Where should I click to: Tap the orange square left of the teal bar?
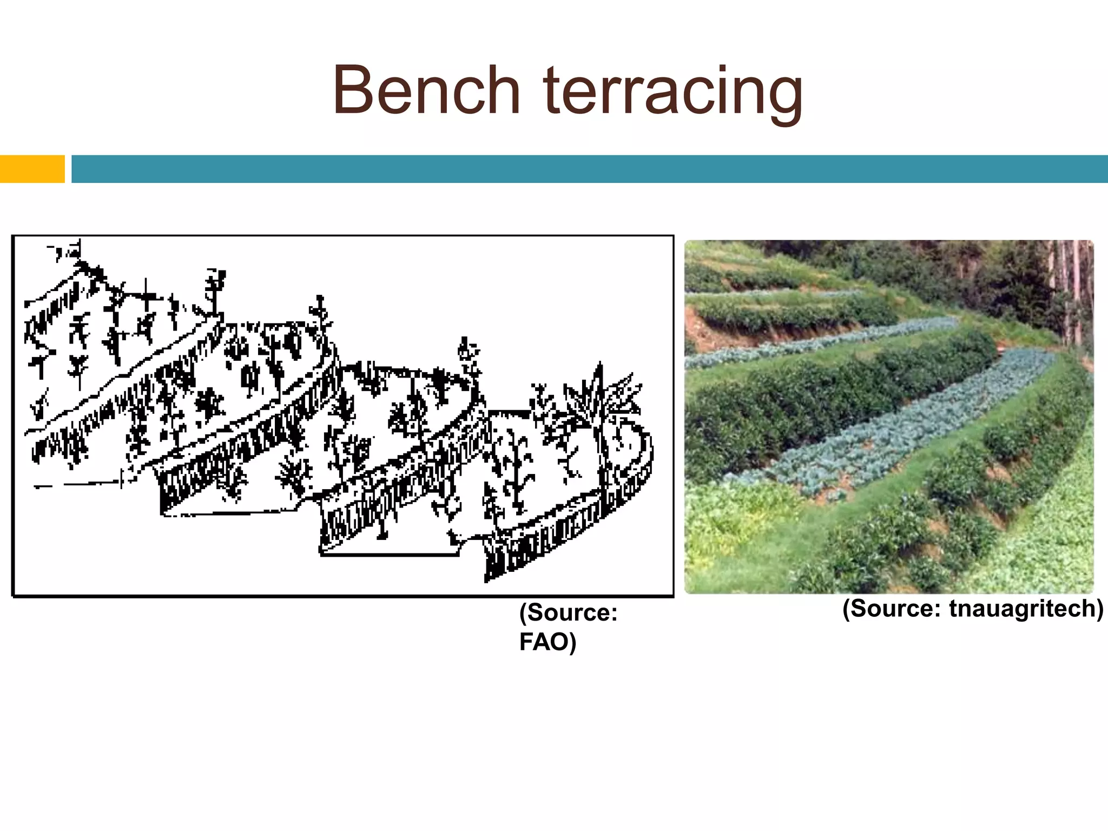click(32, 169)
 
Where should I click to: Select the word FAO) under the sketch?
click(548, 642)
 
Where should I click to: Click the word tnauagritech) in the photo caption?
click(1026, 609)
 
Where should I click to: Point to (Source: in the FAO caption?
click(568, 613)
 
